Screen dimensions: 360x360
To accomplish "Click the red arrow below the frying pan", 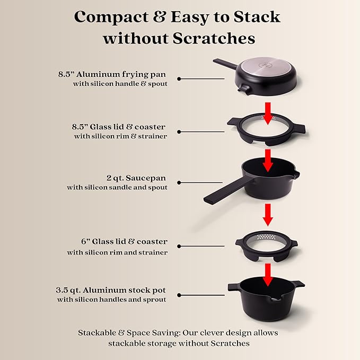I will tap(268, 112).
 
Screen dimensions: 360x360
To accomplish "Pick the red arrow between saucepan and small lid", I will tap(268, 215).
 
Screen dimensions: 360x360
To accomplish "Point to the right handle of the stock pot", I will tap(298, 285).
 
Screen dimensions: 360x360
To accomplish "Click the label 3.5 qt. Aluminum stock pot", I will tap(111, 290).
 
